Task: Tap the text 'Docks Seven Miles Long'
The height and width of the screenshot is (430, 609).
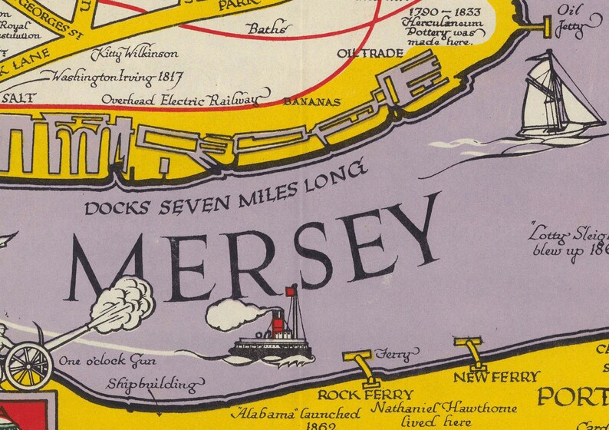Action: click(223, 192)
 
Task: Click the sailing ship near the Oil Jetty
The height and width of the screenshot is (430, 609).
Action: click(556, 100)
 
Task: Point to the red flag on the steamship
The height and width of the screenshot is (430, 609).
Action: click(291, 292)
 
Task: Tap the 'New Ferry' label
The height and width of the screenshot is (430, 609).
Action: click(496, 377)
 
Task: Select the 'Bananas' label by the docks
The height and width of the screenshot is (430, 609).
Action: click(311, 101)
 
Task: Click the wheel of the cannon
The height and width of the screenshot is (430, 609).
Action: click(28, 362)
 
